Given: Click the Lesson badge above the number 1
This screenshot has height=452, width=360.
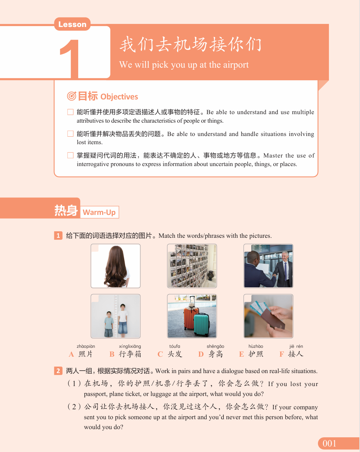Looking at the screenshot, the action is pos(72,24).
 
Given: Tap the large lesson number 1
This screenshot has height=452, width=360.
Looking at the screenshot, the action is pos(70,59).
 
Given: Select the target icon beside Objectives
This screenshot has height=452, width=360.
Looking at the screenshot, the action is pos(71,96).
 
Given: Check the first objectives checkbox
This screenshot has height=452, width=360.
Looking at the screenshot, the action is pos(70,112).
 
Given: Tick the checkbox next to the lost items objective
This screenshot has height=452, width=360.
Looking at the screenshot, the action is pos(70,134).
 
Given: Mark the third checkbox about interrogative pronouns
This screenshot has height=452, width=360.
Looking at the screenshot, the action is pos(70,155).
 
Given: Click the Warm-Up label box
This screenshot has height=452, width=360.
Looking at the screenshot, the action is pos(99,212).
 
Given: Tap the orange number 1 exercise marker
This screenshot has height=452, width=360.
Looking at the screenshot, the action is pos(58,235).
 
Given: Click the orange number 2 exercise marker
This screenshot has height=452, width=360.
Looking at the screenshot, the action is pos(58,371).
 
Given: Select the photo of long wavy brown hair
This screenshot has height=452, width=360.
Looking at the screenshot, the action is pos(115,266).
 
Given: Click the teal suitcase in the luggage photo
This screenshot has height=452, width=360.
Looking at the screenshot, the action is pos(202,324).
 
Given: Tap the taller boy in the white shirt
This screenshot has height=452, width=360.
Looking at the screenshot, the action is pos(123,320).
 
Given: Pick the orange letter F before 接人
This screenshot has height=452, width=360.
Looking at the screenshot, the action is pos(282,354).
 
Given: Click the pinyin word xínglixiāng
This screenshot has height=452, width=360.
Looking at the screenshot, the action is pos(130,346).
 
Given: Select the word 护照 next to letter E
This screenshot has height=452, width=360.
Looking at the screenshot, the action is pos(256,354).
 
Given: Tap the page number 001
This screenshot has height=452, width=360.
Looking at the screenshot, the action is pos(329,443).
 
